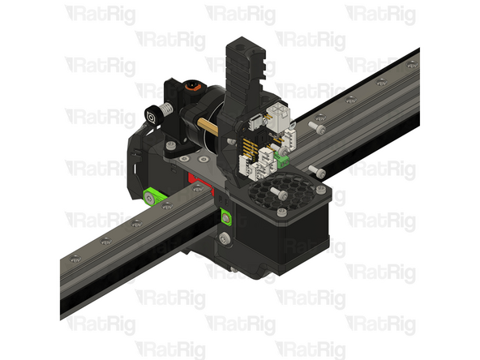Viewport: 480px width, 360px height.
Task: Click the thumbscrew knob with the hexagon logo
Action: pos(152,116)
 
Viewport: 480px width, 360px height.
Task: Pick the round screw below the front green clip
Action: pos(225,238)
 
